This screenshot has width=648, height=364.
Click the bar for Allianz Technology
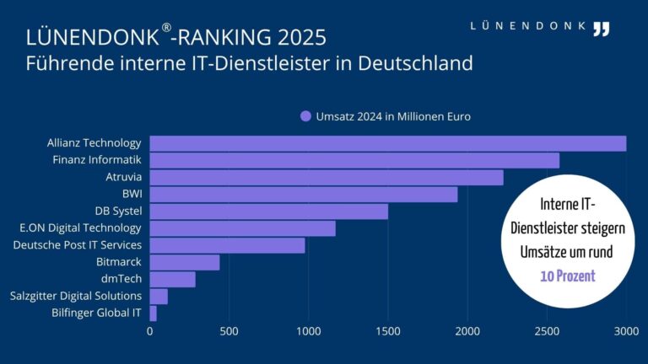pyautogui.click(x=388, y=143)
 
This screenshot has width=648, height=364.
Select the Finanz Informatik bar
pyautogui.click(x=354, y=160)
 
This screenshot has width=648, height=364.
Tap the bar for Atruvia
pyautogui.click(x=327, y=177)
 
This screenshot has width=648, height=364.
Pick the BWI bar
pyautogui.click(x=304, y=195)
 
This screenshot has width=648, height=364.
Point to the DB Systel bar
pyautogui.click(x=269, y=211)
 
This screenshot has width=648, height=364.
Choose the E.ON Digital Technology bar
pyautogui.click(x=243, y=228)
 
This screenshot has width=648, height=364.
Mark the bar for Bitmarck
pyautogui.click(x=185, y=262)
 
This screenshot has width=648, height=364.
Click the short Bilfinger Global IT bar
pyautogui.click(x=154, y=313)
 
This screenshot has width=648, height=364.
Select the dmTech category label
pyautogui.click(x=120, y=279)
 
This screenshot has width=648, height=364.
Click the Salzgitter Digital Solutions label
pyautogui.click(x=76, y=296)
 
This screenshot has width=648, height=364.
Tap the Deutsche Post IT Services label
pyautogui.click(x=78, y=245)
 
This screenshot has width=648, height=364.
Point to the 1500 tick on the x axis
pyautogui.click(x=388, y=332)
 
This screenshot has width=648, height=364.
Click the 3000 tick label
pyautogui.click(x=626, y=332)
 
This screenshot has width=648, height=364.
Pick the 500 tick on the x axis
pyautogui.click(x=229, y=332)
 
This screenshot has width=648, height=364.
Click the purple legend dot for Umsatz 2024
pyautogui.click(x=305, y=116)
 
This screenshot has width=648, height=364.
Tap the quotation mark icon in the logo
pyautogui.click(x=601, y=29)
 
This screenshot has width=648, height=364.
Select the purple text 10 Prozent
pyautogui.click(x=568, y=276)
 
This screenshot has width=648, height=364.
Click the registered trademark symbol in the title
pyautogui.click(x=166, y=29)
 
